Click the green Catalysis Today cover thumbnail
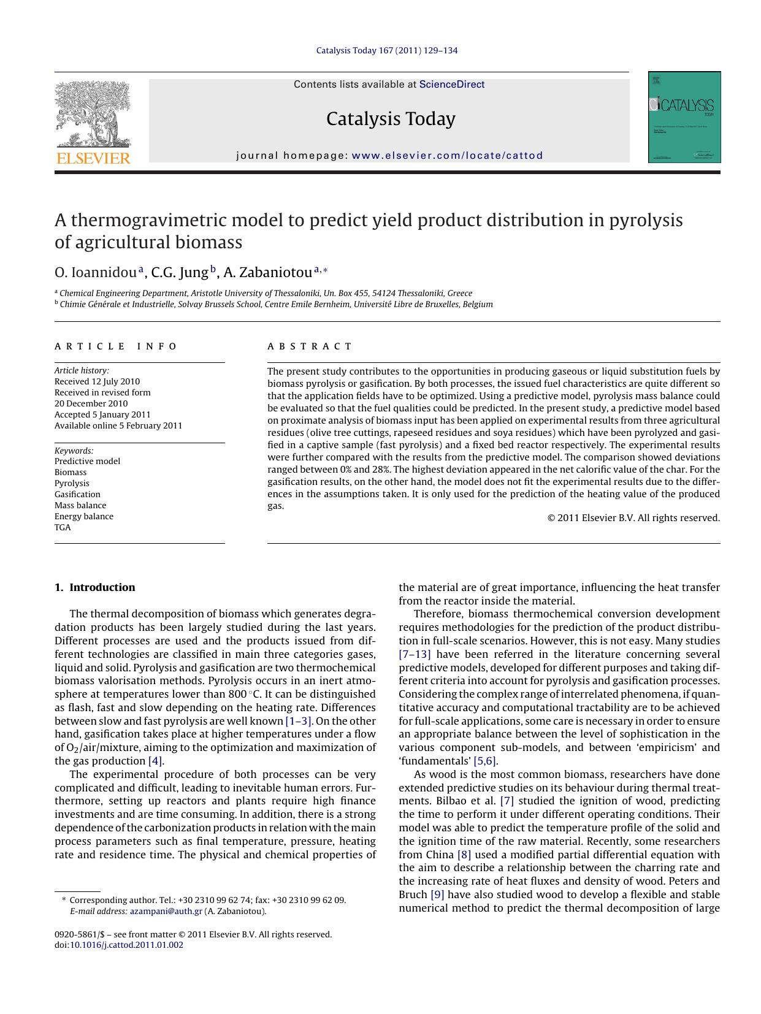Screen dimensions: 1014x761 pos(684,117)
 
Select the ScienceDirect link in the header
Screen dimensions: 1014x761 pos(452,85)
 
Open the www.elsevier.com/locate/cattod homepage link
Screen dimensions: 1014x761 pos(448,156)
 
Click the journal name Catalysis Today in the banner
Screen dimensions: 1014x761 pos(391,119)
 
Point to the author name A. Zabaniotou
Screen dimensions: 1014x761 pos(268,272)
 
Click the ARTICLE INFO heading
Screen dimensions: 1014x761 pos(116,346)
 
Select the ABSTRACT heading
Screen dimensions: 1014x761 pos(310,346)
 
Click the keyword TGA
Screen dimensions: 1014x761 pos(63,527)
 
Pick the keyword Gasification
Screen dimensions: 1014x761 pos(77,494)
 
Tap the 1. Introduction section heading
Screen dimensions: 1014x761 pos(95,587)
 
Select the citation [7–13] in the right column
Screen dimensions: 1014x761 pos(415,654)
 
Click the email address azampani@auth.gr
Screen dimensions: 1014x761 pos(166,911)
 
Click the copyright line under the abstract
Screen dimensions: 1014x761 pos(633,518)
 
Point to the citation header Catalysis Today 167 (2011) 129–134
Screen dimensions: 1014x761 pos(387,50)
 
